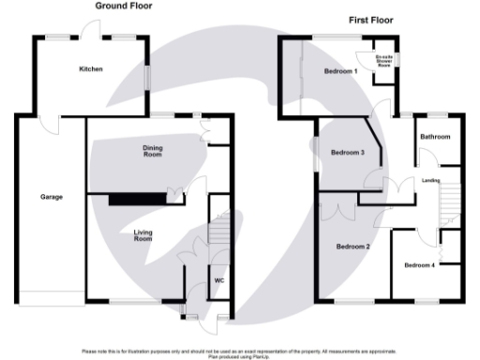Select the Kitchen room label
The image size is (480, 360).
(91, 69)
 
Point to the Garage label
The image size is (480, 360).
(51, 198)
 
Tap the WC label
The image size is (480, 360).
(218, 279)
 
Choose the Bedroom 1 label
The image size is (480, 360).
(340, 71)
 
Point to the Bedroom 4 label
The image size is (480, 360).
(419, 265)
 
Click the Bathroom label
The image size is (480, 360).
(435, 138)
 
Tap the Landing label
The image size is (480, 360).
(431, 180)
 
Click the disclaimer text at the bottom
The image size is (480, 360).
(240, 353)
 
